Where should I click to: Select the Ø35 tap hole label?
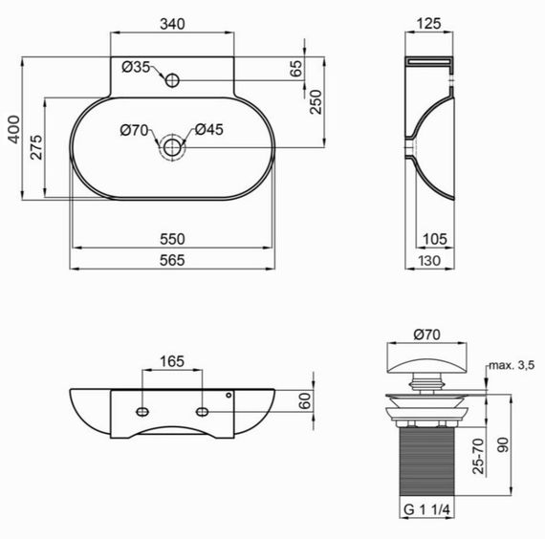coord(137,67)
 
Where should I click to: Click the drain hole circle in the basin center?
coord(172,148)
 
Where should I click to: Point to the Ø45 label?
coord(209,131)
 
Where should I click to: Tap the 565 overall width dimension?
coord(172,260)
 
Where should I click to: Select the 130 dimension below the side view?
coord(431,260)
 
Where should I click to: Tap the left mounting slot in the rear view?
coord(142,412)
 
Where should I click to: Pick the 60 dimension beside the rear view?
coord(306,401)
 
